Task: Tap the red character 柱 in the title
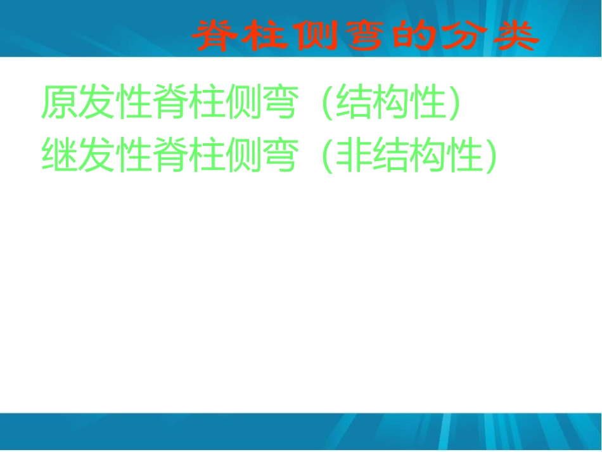(267, 37)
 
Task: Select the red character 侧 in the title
(316, 37)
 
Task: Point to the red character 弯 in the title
(366, 37)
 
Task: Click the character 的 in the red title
(415, 37)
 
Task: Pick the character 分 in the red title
(464, 37)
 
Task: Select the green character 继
(60, 155)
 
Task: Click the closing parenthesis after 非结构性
(487, 155)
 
